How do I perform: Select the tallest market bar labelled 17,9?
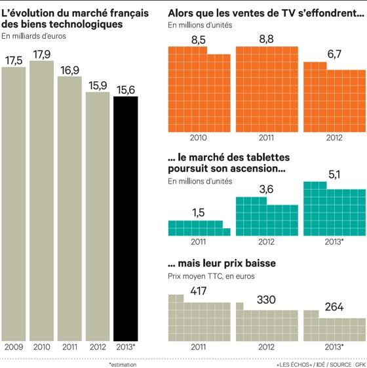coord(42,200)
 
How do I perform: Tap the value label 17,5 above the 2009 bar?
coord(14,60)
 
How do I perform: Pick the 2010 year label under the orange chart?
coord(199,138)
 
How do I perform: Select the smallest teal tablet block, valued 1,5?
coord(199,228)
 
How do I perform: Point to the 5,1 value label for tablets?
coord(334,174)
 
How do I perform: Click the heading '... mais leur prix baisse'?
coord(222,264)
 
